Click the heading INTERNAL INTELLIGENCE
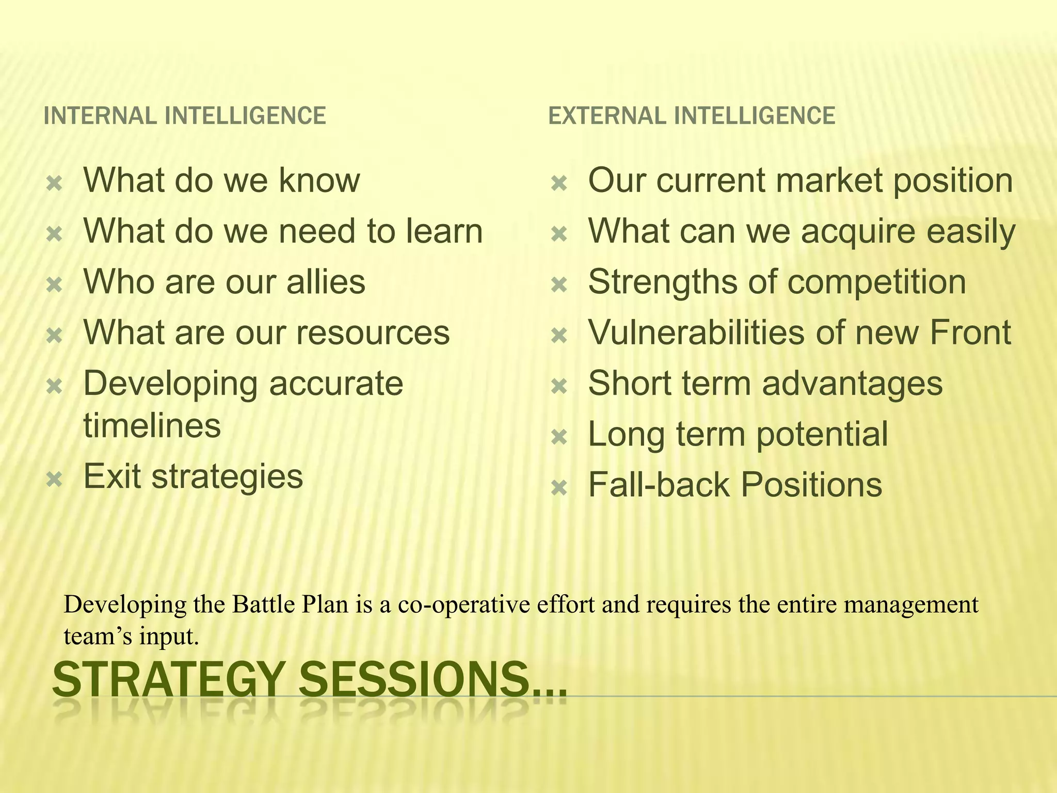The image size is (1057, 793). [x=185, y=116]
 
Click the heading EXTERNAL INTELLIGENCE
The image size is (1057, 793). [x=691, y=116]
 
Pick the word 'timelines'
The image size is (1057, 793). [x=152, y=425]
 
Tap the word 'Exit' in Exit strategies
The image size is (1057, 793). [x=113, y=476]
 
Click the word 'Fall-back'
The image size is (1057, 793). [x=660, y=485]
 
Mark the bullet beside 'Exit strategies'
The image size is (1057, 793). [x=54, y=480]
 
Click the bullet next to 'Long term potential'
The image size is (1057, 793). [x=559, y=438]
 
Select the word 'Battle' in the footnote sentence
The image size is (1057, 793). [x=263, y=605]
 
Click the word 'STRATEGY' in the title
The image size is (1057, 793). [x=169, y=680]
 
